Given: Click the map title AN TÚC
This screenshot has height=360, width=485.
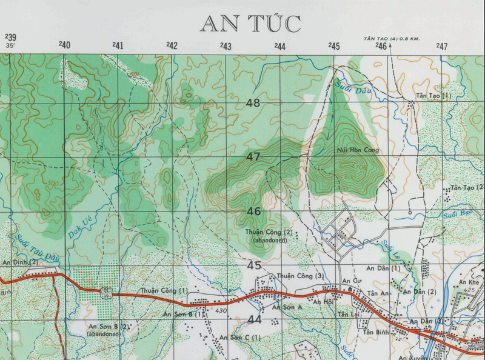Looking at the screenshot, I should [x=250, y=24].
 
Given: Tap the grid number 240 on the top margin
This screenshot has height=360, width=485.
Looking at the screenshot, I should [x=65, y=45].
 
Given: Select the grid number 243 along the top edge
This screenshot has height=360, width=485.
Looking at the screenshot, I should [x=226, y=46].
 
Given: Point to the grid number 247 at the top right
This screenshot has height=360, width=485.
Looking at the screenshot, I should [x=441, y=46].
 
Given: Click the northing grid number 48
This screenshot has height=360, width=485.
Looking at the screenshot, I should [x=253, y=103].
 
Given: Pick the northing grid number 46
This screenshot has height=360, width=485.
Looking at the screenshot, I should [x=253, y=212].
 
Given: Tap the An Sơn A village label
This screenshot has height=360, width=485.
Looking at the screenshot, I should [x=287, y=308].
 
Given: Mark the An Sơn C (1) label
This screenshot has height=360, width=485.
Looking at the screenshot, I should [x=240, y=337].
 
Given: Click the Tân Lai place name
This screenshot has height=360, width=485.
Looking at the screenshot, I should [x=349, y=315].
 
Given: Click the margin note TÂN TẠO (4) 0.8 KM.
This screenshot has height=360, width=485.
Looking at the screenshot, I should [x=391, y=38].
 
